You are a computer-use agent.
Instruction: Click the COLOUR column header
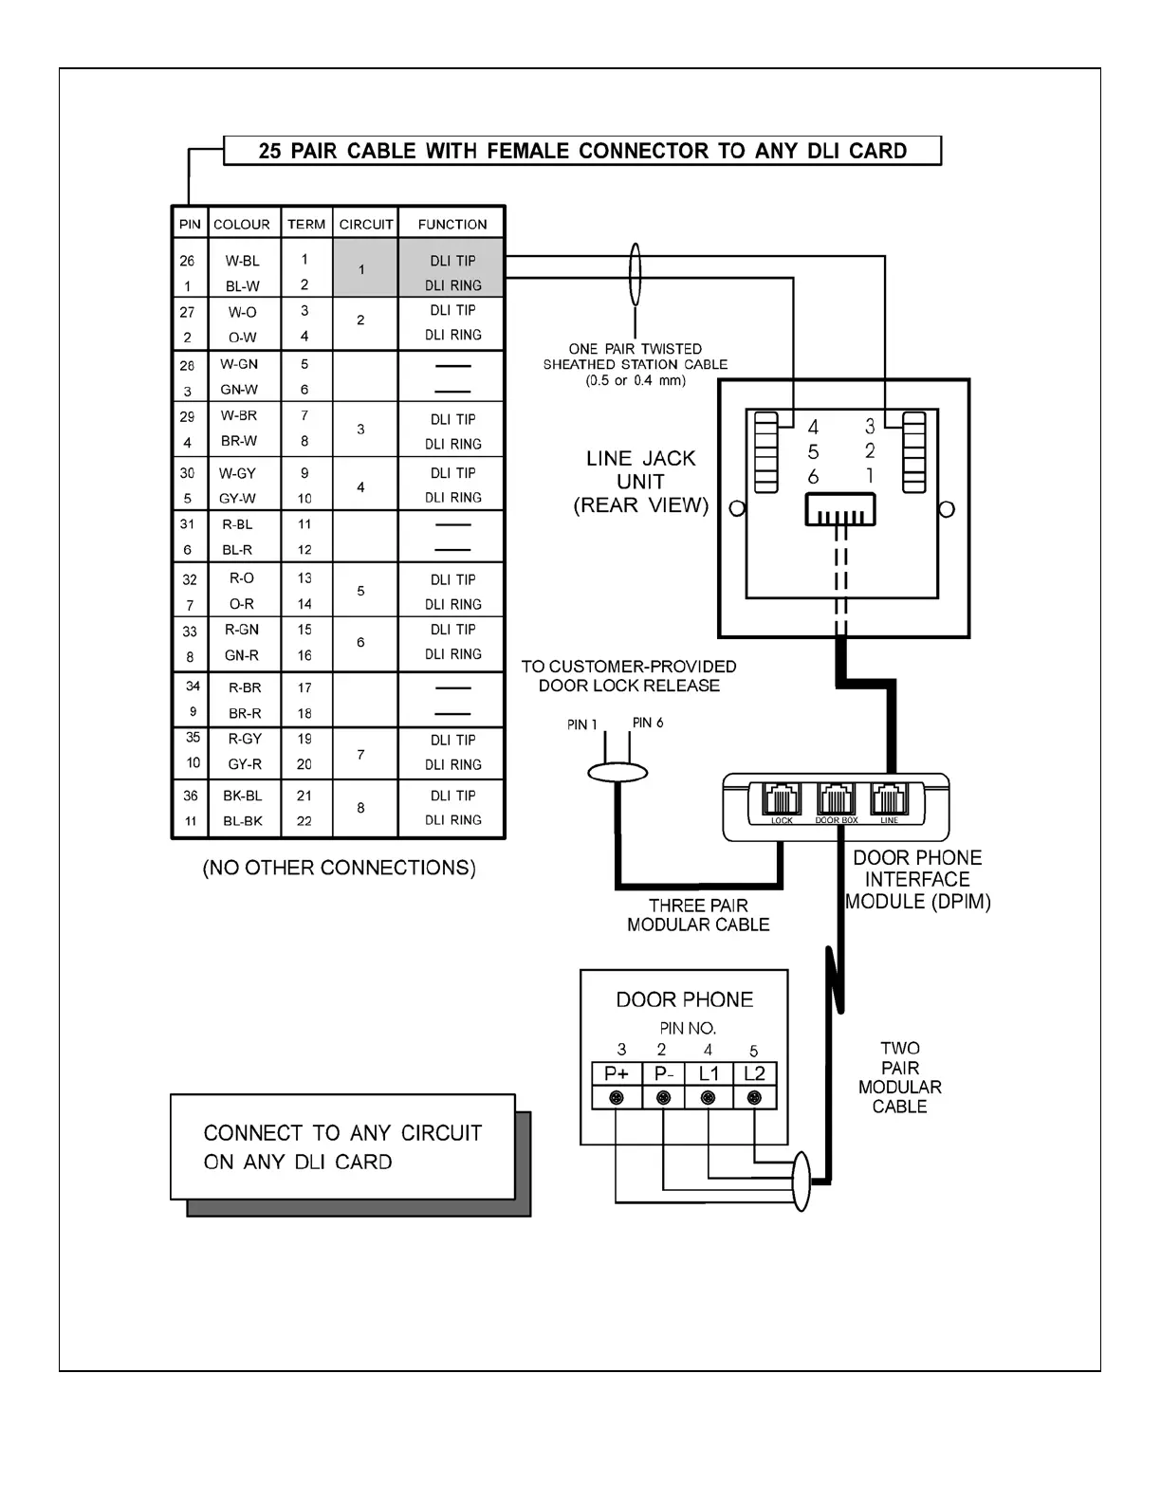(x=241, y=225)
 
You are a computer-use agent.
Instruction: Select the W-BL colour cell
(x=242, y=261)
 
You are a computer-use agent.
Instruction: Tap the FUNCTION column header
(x=452, y=225)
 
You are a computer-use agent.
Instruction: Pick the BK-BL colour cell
(x=242, y=796)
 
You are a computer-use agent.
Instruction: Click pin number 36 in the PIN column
(x=190, y=796)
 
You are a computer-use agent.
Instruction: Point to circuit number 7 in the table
(x=360, y=755)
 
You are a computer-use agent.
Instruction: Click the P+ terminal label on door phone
(x=617, y=1073)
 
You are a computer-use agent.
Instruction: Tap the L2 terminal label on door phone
(x=754, y=1073)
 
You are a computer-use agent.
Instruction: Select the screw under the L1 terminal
(x=708, y=1098)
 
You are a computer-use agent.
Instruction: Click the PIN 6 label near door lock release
(x=648, y=723)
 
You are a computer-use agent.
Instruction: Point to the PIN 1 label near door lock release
(x=582, y=724)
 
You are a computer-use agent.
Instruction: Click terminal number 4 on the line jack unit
(x=813, y=428)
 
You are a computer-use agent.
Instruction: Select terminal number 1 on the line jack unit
(x=870, y=475)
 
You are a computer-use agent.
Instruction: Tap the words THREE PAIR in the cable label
(x=698, y=906)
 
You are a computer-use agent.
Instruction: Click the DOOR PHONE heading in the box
(x=684, y=999)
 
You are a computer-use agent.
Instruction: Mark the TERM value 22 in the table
(x=304, y=821)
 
